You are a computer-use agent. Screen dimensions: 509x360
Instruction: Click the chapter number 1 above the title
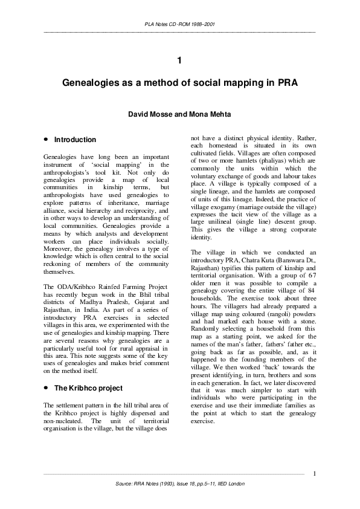click(179, 60)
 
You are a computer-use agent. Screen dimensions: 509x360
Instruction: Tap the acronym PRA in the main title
click(284, 82)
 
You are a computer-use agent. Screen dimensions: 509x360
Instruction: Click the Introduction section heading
click(76, 140)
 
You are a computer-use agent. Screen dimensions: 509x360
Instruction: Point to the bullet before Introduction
click(46, 140)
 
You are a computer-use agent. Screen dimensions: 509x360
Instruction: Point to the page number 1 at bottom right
click(315, 473)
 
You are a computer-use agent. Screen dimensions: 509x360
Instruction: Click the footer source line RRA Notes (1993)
click(179, 484)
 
